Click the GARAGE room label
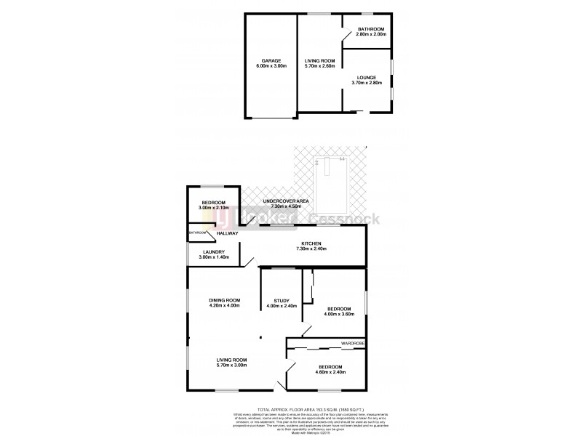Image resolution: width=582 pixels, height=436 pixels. pos(271,60)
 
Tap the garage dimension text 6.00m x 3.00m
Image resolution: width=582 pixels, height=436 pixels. pos(271,66)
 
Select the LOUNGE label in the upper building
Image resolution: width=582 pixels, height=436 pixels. pos(366,76)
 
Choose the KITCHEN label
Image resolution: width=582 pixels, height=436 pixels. pos(311,243)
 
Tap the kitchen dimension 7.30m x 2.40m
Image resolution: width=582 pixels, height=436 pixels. pos(311,249)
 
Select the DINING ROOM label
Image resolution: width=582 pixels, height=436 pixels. pos(224,299)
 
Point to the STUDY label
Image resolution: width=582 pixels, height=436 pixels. pos(282,300)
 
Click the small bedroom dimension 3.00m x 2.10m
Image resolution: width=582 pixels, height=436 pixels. pos(213,209)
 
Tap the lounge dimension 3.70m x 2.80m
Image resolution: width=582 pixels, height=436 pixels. pos(366,82)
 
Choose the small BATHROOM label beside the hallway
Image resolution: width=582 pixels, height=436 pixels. pos(198,233)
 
